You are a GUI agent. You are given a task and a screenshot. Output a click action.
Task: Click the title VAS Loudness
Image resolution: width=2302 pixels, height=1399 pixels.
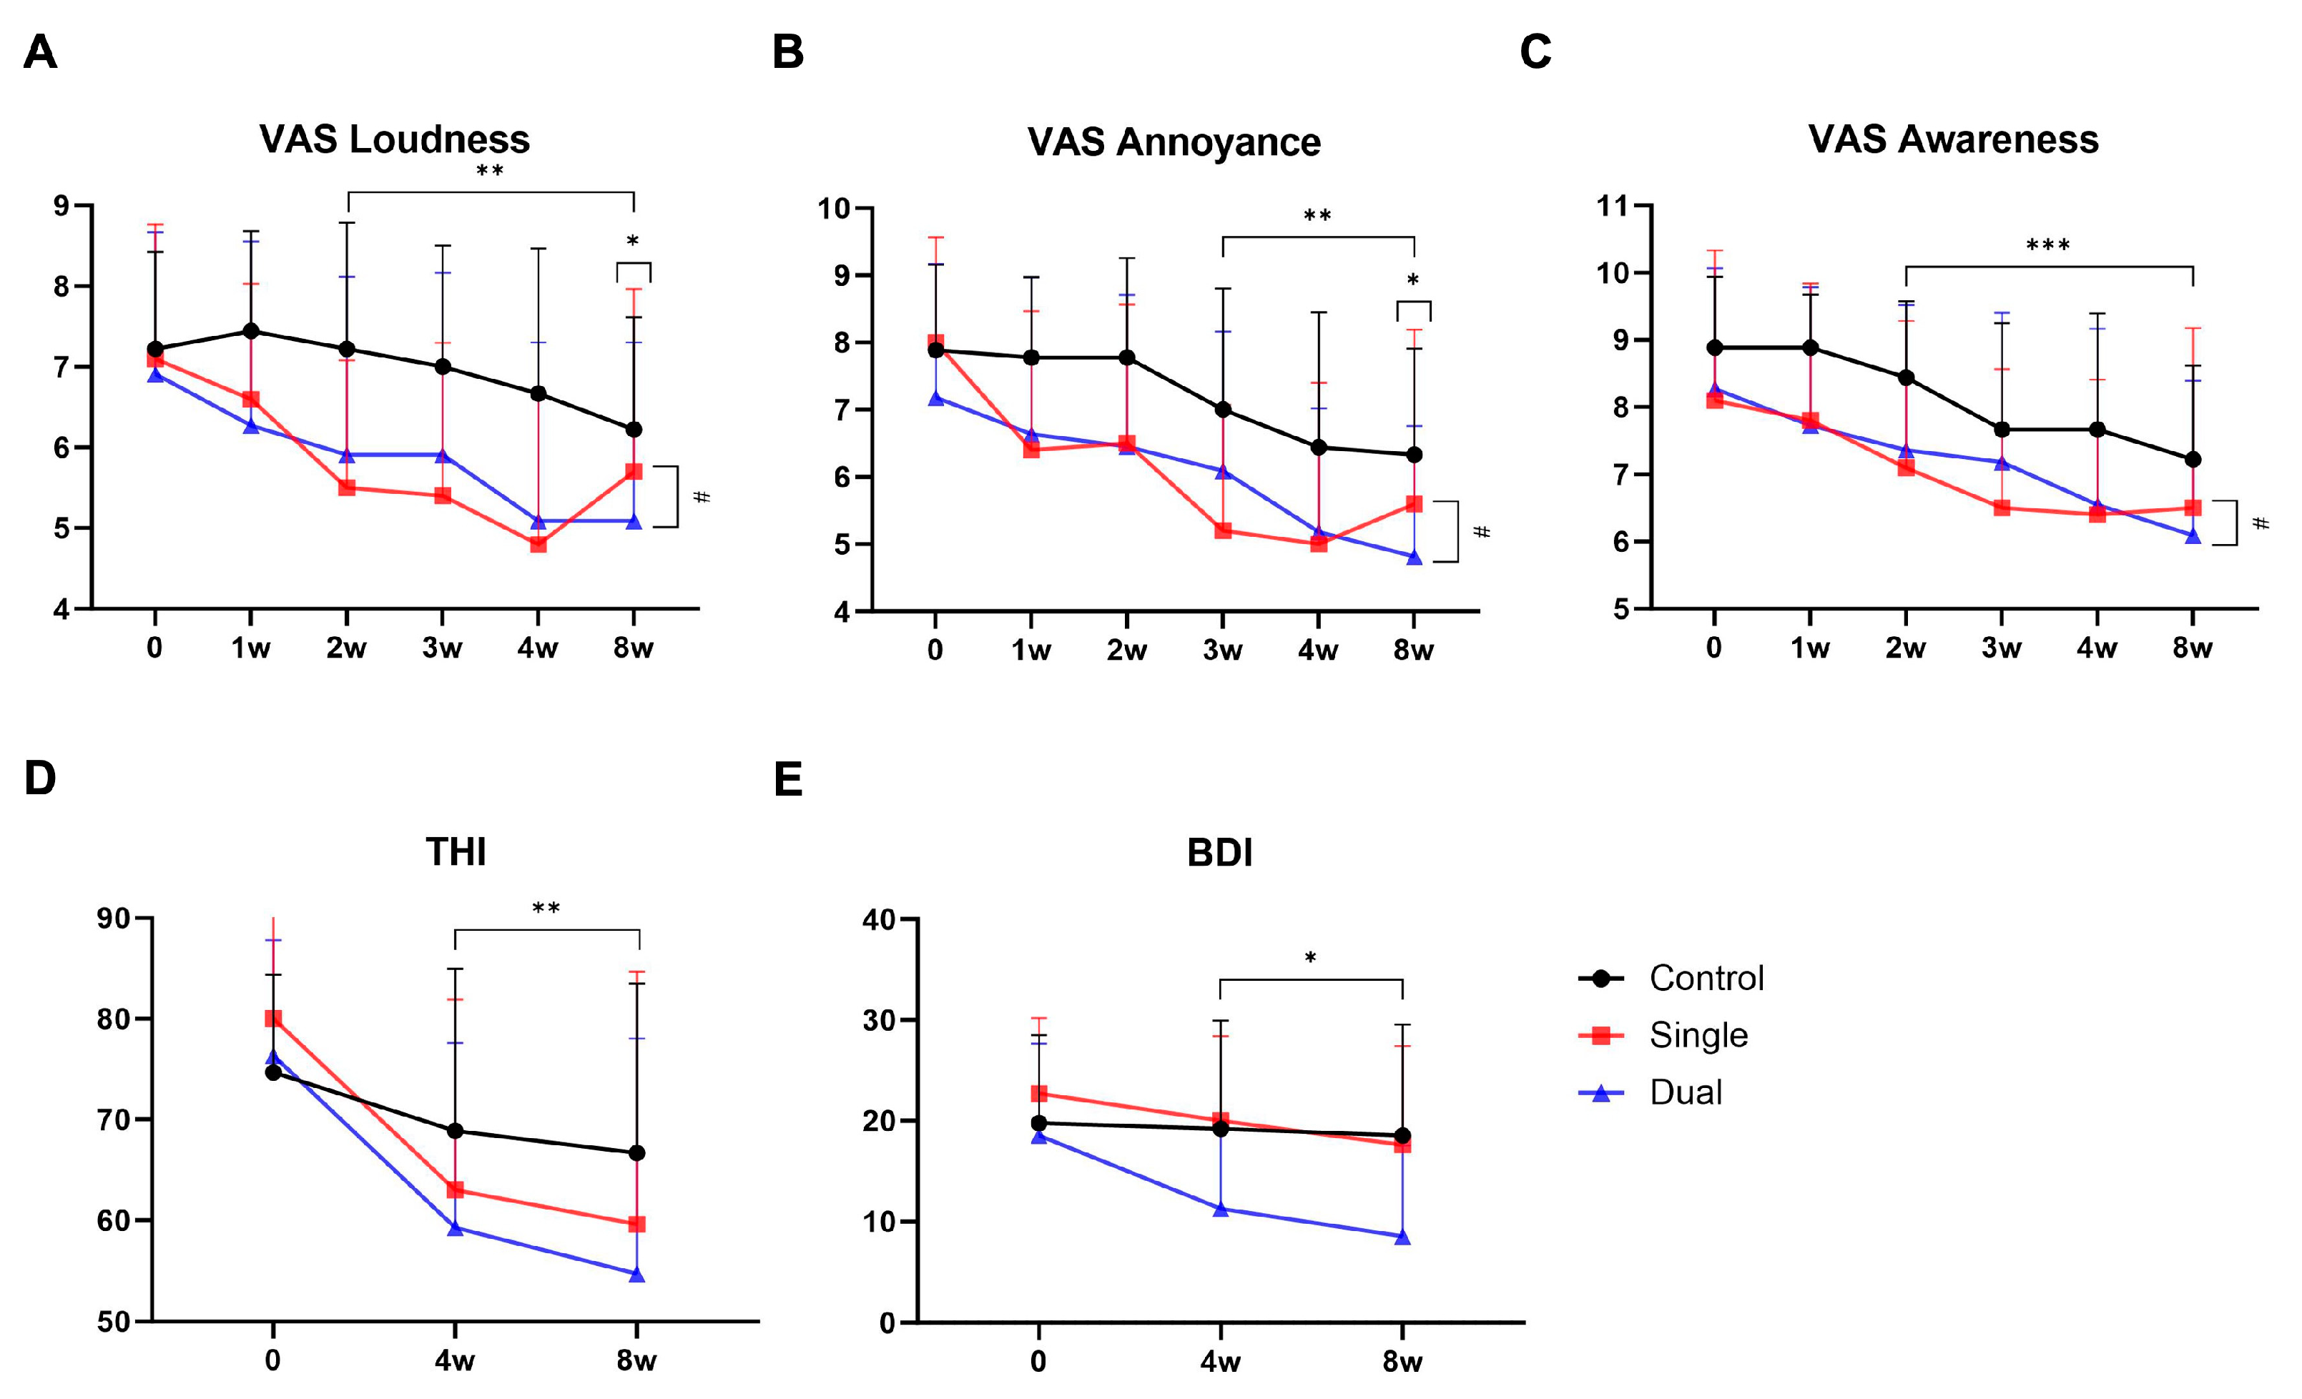tap(394, 139)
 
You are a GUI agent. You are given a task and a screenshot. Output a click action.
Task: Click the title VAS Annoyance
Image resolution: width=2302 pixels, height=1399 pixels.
tap(1174, 142)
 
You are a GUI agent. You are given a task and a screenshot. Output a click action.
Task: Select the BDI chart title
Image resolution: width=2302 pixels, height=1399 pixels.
tap(1219, 853)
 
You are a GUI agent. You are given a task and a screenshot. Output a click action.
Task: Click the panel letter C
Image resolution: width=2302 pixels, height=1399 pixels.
tap(1535, 51)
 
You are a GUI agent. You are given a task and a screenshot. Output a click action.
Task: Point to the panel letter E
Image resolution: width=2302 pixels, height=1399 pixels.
tap(787, 779)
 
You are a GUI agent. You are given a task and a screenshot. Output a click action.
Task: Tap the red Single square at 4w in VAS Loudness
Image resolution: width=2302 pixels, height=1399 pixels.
tap(538, 543)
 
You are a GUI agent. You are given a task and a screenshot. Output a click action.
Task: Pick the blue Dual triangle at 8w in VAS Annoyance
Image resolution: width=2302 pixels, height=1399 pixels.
tap(1414, 558)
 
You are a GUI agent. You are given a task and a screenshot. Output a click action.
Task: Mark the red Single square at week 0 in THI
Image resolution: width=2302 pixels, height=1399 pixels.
tap(272, 1018)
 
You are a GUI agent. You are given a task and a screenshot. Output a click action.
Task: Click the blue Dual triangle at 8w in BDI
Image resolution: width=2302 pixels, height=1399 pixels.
tap(1402, 1237)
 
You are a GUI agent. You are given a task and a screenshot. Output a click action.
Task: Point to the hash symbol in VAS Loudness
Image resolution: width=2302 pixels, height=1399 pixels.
tap(702, 497)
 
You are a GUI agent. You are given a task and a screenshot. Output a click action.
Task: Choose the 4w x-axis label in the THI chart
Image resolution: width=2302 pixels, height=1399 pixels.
tap(454, 1360)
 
